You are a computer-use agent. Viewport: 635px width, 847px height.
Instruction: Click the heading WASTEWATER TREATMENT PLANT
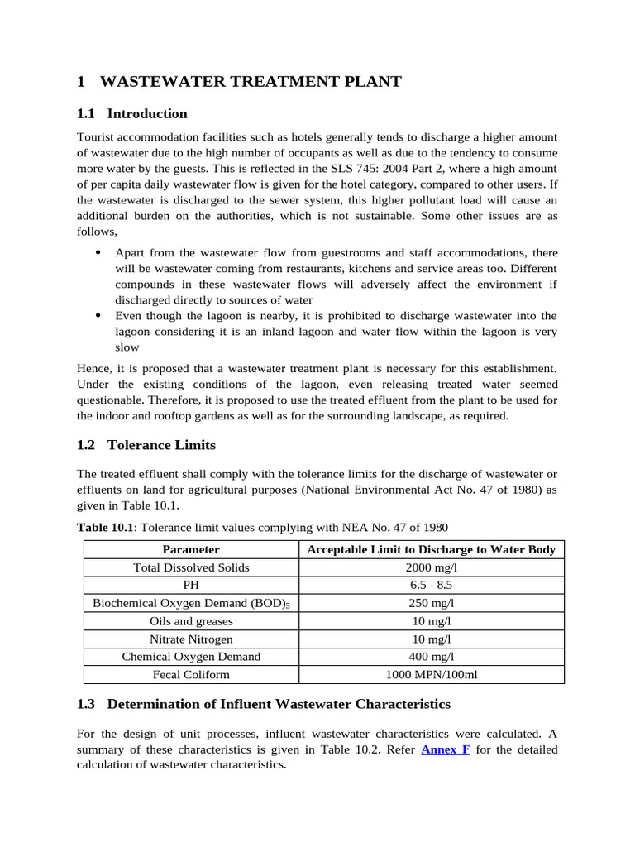click(250, 81)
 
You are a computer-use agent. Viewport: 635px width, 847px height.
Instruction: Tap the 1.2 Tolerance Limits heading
click(146, 445)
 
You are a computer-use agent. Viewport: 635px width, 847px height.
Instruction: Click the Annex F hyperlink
click(446, 749)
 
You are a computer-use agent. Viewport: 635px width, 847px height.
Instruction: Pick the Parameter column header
click(191, 549)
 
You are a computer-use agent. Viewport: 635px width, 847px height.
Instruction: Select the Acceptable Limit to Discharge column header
click(431, 549)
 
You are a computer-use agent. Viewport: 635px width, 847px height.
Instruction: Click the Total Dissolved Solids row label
click(191, 567)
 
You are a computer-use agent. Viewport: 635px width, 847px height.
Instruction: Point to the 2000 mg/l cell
click(431, 567)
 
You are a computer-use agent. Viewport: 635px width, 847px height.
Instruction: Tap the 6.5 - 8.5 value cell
click(431, 585)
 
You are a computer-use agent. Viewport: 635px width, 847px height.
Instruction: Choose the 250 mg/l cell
click(431, 603)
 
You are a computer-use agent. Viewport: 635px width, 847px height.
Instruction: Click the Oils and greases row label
click(191, 620)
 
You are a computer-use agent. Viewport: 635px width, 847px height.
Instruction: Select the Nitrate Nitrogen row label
click(191, 639)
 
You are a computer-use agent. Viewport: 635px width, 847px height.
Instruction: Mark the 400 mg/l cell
click(431, 656)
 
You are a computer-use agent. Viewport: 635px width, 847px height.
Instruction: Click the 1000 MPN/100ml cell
click(431, 674)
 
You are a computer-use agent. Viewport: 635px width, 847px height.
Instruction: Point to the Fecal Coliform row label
click(191, 674)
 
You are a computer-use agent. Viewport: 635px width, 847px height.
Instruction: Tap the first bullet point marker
click(98, 251)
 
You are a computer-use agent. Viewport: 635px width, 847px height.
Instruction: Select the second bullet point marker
click(98, 315)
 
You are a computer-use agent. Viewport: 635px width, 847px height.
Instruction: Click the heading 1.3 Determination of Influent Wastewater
click(264, 704)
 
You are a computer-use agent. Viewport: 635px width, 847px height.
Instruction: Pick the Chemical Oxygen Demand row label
click(191, 656)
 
